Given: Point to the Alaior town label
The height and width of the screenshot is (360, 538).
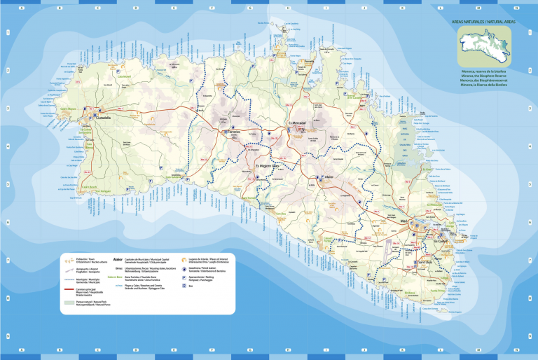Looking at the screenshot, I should pyautogui.click(x=331, y=178).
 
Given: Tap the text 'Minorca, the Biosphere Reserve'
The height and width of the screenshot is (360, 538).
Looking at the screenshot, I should pyautogui.click(x=483, y=76).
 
